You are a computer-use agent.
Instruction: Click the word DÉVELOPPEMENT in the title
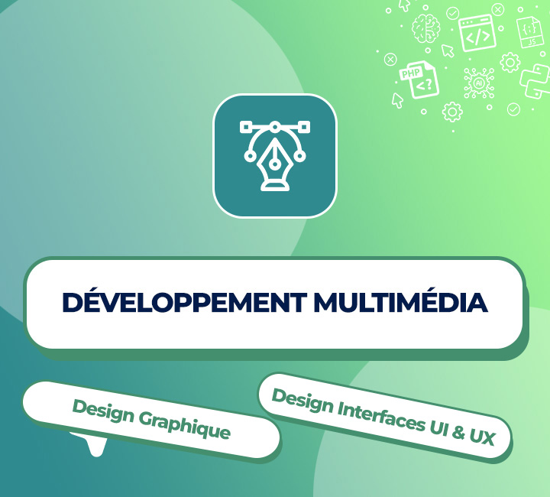point(185,303)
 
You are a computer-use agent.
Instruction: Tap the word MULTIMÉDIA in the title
point(400,303)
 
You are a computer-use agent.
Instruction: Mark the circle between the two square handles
point(274,126)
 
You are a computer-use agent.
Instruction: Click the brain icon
point(425,29)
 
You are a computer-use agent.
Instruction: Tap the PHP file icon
point(419,79)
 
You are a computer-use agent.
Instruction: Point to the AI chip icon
point(480,83)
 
